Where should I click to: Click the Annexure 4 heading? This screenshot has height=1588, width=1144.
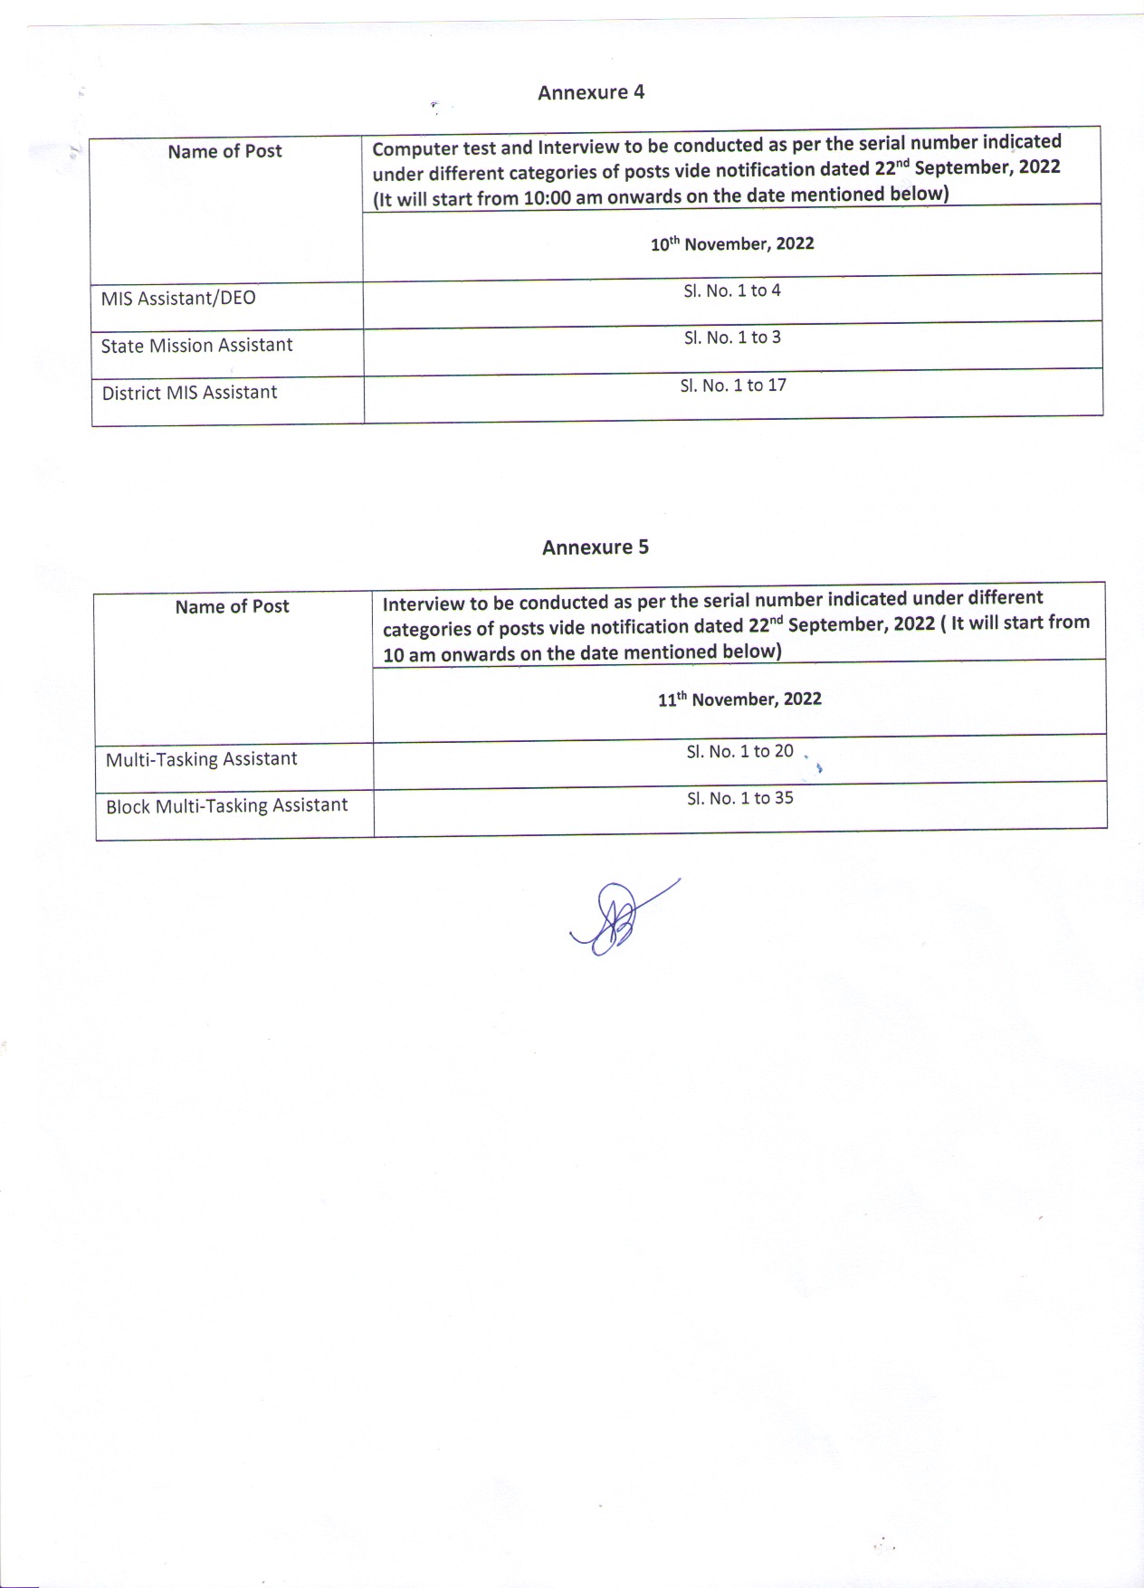click(x=591, y=92)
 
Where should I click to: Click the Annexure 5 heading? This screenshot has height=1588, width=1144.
click(x=596, y=547)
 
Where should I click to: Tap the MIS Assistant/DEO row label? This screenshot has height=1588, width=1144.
click(x=178, y=298)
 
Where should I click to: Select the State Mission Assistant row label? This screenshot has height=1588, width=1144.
click(x=196, y=346)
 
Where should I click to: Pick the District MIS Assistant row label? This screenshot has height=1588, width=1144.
click(x=189, y=393)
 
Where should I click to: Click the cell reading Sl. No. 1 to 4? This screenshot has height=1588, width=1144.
click(x=732, y=290)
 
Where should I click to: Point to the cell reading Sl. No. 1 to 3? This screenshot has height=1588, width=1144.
click(x=732, y=338)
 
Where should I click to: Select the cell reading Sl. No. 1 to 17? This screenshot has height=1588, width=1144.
click(x=733, y=385)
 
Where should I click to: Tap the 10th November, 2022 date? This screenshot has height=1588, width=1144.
click(x=732, y=244)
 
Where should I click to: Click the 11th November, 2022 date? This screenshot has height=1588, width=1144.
click(x=739, y=699)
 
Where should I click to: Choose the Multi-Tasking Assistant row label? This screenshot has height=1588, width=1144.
click(x=201, y=759)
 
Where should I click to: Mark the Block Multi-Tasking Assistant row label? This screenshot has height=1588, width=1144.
click(x=226, y=806)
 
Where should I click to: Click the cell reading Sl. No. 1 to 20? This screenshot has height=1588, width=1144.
click(x=739, y=751)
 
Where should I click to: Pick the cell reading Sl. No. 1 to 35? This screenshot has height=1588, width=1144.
click(x=739, y=798)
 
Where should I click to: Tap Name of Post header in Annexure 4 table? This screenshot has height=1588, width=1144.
click(x=224, y=151)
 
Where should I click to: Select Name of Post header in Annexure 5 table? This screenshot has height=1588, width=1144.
click(x=232, y=606)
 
